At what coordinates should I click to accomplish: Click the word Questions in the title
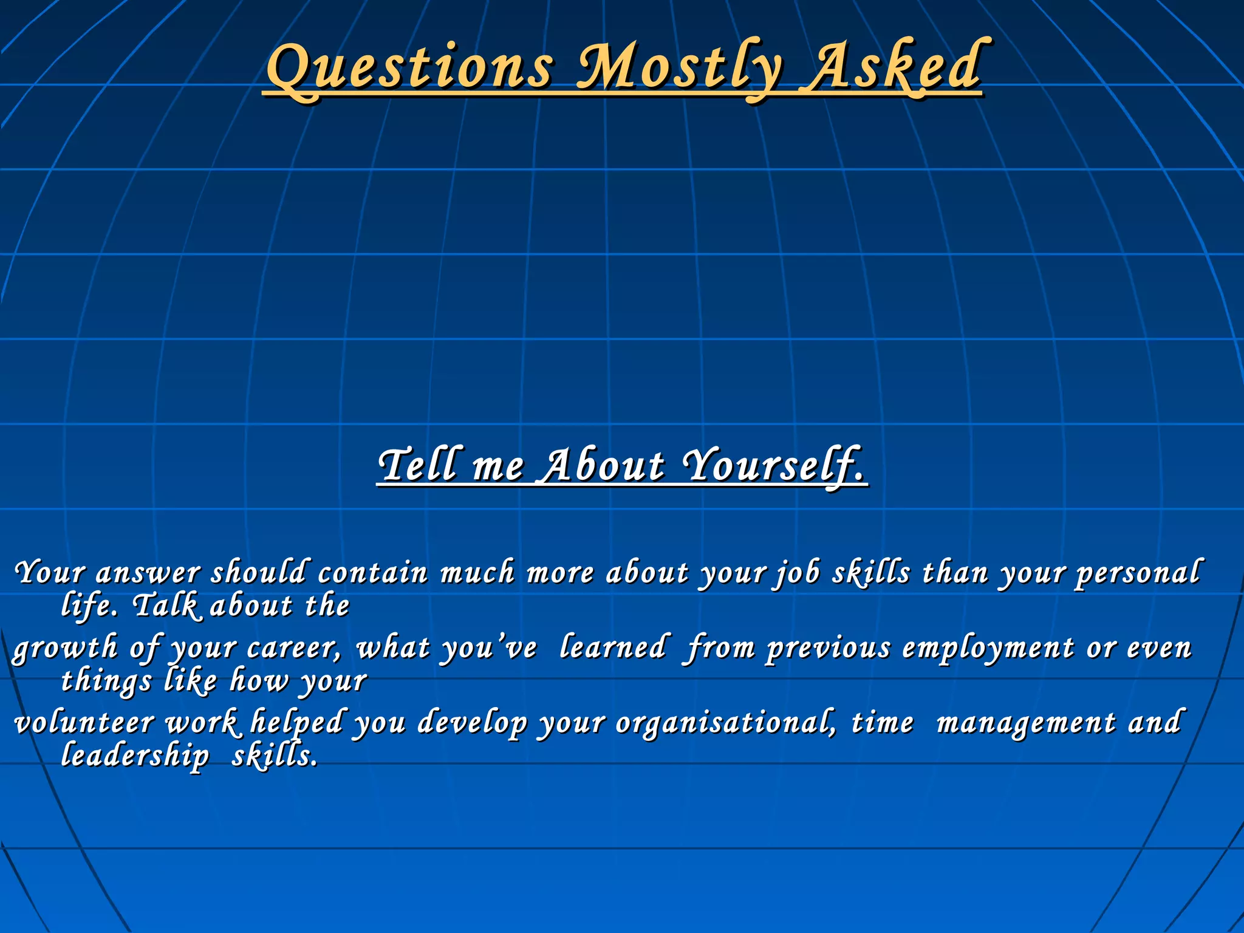point(410,68)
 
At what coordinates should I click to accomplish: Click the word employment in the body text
point(988,648)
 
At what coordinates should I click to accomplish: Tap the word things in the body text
point(106,681)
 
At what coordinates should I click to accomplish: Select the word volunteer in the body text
point(84,723)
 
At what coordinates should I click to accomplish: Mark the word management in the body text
point(1026,723)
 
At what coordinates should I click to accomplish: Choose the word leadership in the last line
point(135,756)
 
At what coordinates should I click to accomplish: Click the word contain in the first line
point(372,573)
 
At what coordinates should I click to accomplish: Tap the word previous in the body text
point(828,648)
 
